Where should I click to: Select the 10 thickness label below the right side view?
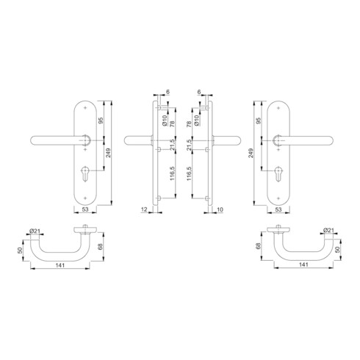(220, 210)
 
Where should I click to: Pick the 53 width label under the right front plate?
(279, 210)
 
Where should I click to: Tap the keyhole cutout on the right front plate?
(279, 177)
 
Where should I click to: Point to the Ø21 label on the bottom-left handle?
(35, 233)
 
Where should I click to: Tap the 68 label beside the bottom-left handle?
(101, 246)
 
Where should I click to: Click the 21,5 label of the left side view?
(168, 145)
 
